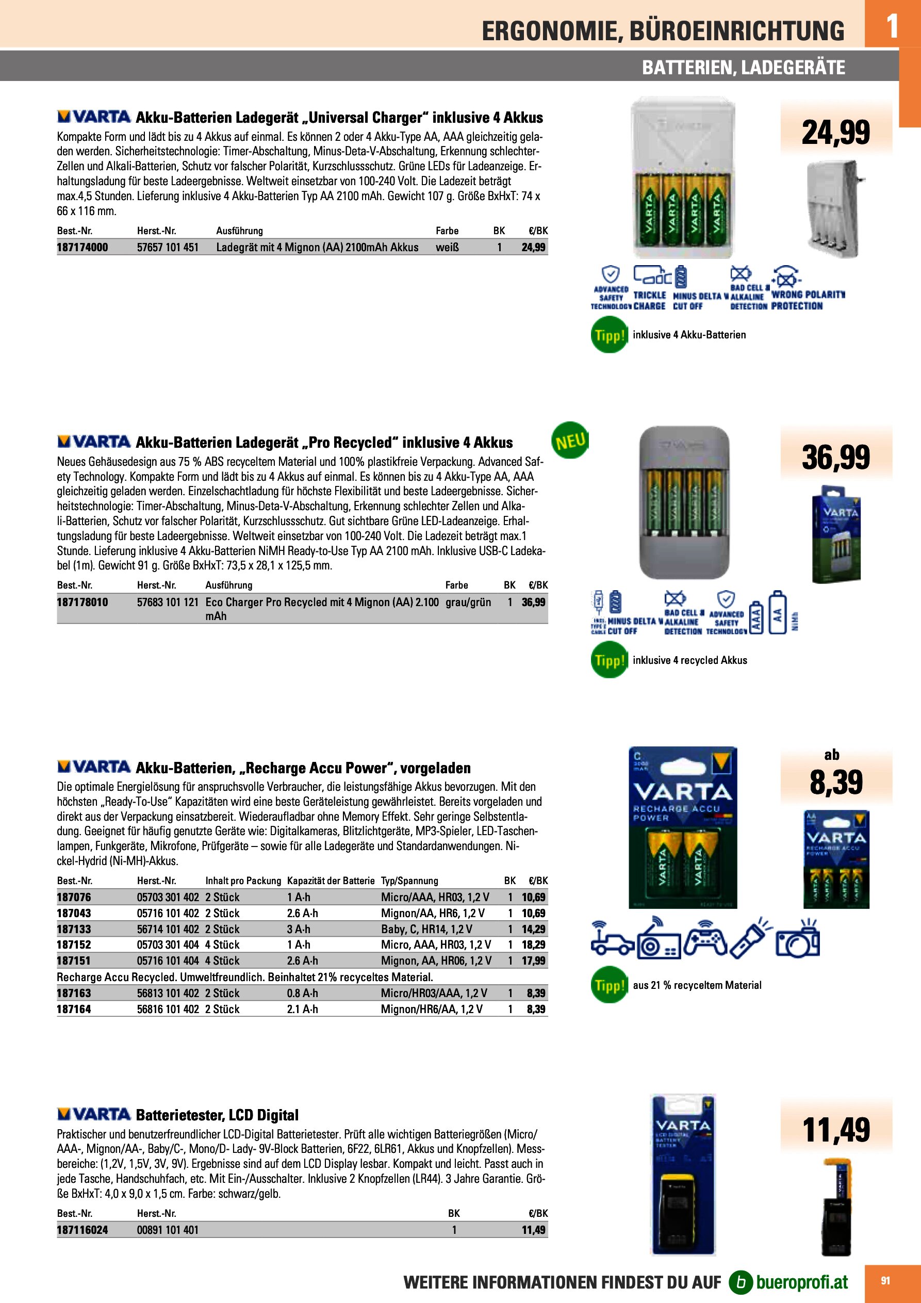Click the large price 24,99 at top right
pos(835,133)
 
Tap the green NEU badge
pos(570,441)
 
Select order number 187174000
pos(83,248)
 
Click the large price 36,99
pos(835,458)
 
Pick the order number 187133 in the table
pos(74,929)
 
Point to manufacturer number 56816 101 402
pos(168,1009)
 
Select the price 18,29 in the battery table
pos(533,944)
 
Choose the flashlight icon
pos(750,940)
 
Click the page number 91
pos(885,1280)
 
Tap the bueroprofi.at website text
pos(802,1282)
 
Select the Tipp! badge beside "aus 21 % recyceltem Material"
pos(609,985)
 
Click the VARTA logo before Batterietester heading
pos(94,1114)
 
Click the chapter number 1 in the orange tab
pos(892,26)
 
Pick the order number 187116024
pos(83,1230)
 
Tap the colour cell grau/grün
pos(468,602)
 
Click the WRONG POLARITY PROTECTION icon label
pos(808,300)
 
